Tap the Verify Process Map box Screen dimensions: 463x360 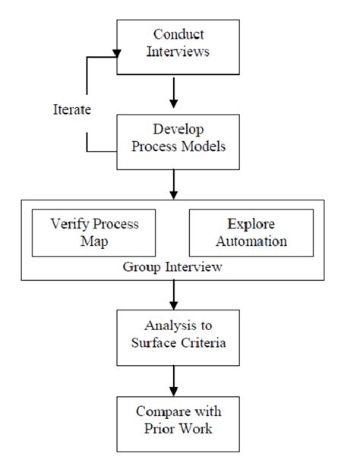(x=95, y=233)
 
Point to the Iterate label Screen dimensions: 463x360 (x=73, y=110)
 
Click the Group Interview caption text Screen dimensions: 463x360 (x=174, y=267)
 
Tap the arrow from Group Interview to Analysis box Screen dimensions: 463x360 (x=175, y=293)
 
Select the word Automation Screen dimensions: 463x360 (x=252, y=242)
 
